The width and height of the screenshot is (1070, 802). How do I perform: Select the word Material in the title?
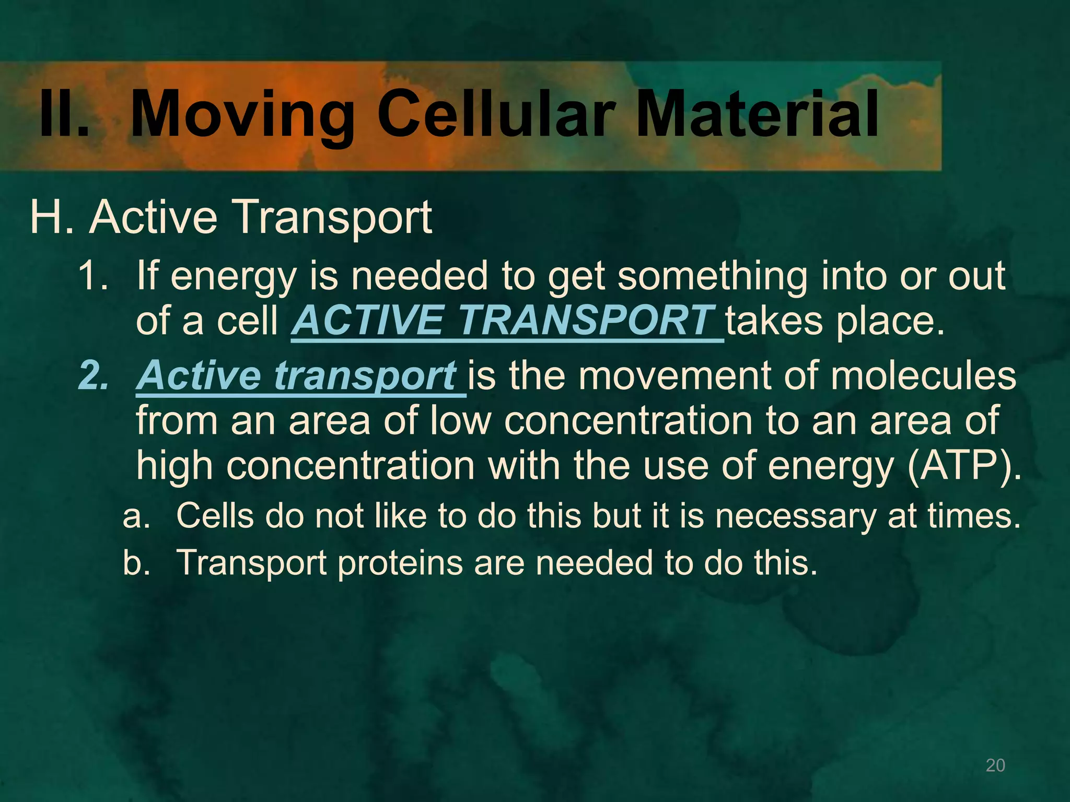click(758, 114)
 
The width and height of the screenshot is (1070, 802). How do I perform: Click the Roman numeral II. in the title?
click(64, 114)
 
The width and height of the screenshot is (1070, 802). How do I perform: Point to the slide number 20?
click(995, 765)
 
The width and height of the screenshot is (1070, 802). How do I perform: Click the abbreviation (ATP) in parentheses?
click(964, 466)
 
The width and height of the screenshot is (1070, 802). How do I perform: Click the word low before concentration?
click(460, 421)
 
